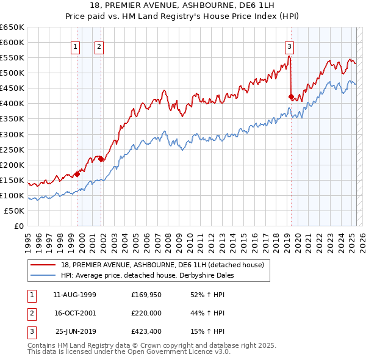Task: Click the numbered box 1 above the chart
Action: tap(75, 46)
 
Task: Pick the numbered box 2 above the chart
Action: tap(98, 46)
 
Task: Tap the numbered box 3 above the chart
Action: tap(289, 46)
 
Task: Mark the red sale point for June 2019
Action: tap(291, 96)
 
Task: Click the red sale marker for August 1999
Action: tap(77, 174)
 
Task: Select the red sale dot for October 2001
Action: tap(101, 159)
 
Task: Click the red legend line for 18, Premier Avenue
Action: tap(43, 265)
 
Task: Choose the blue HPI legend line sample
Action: tap(43, 275)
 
